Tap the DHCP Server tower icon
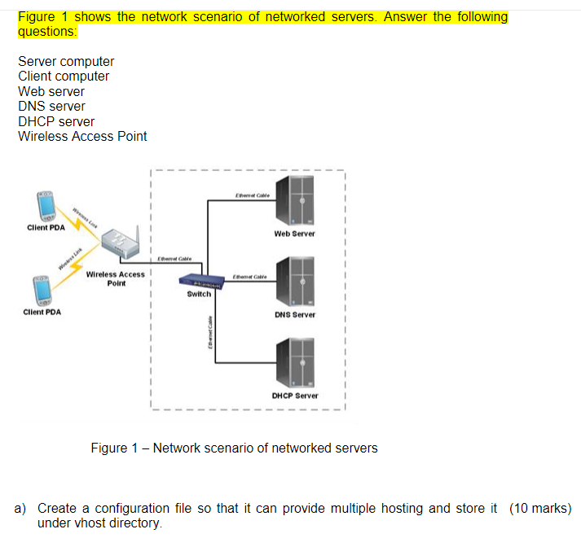[293, 361]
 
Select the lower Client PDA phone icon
[42, 289]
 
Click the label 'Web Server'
[294, 234]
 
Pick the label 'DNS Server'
[294, 314]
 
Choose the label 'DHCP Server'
[294, 396]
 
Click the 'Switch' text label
[199, 294]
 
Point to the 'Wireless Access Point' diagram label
[115, 278]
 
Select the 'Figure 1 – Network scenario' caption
[234, 448]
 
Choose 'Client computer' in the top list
[64, 77]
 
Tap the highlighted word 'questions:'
[48, 32]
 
